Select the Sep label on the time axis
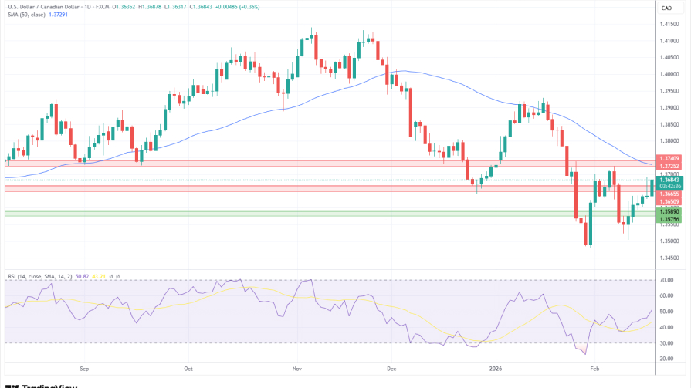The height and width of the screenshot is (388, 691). [84, 369]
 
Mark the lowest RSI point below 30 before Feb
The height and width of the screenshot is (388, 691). [581, 354]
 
